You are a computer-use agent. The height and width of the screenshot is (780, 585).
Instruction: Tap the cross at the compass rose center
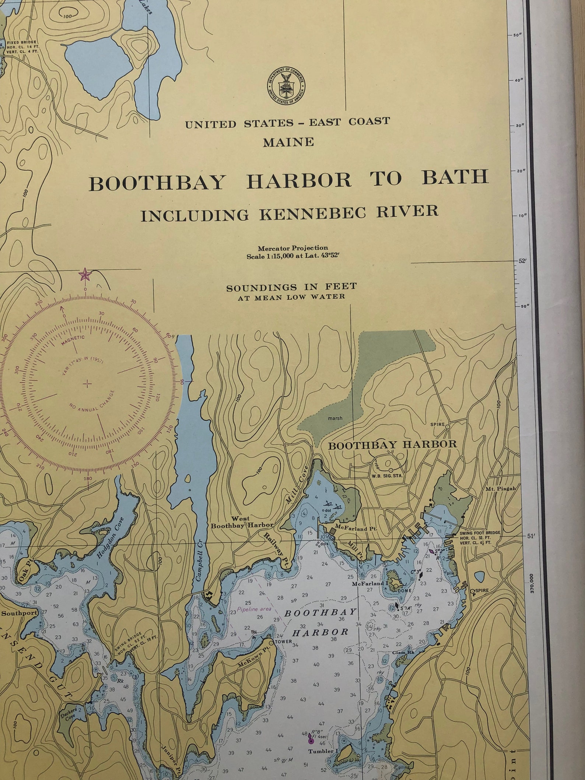point(87,384)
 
